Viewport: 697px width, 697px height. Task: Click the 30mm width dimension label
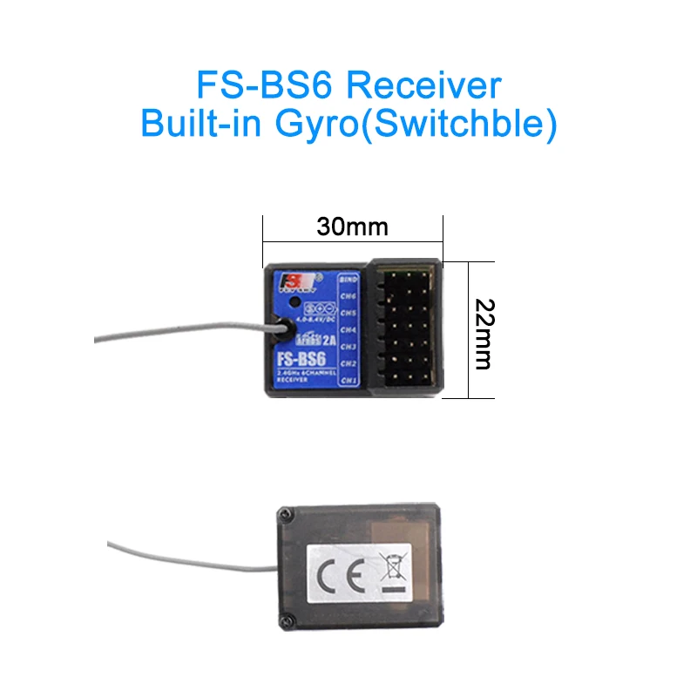coord(352,227)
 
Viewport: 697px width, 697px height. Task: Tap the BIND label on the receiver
coord(349,279)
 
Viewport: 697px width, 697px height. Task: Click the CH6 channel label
coord(349,295)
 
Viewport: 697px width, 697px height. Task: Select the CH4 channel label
coord(349,329)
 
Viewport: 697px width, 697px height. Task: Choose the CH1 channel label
coord(349,381)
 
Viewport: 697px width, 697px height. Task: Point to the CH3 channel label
coord(349,347)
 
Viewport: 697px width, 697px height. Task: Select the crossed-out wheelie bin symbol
coord(389,569)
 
